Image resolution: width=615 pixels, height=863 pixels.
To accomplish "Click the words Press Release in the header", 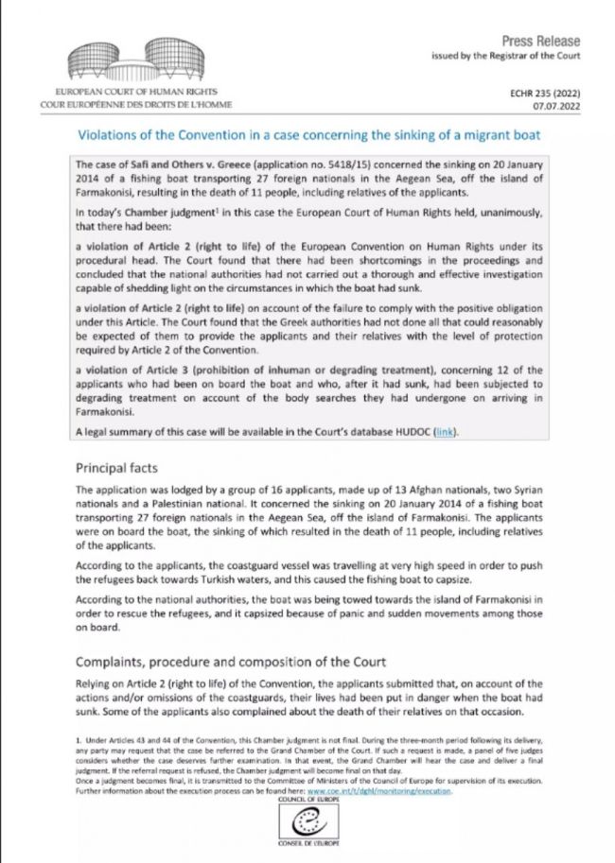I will pos(540,41).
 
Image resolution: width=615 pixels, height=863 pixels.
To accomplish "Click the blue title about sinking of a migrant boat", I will pos(323,135).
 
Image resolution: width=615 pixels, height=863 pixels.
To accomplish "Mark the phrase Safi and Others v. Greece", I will pos(177,164).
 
